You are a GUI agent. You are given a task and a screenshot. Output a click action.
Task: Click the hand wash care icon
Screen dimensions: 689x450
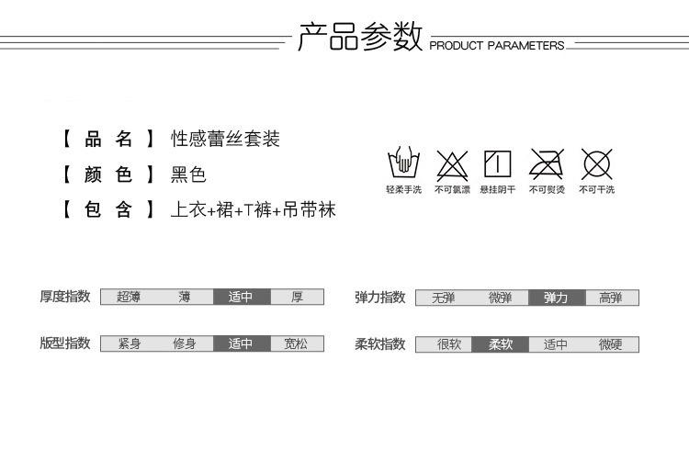[403, 164]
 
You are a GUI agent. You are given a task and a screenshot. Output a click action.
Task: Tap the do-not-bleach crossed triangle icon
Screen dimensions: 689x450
[452, 164]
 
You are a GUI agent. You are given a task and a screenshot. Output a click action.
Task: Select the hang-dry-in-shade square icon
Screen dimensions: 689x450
[497, 164]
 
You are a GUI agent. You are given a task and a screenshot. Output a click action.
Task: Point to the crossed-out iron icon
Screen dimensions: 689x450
[547, 164]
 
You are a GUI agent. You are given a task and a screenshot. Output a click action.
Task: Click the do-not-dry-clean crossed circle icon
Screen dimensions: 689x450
[596, 164]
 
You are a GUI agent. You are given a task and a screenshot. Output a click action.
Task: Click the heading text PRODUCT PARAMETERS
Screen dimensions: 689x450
[497, 45]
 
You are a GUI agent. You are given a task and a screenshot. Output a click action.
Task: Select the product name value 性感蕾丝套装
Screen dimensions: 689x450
[225, 140]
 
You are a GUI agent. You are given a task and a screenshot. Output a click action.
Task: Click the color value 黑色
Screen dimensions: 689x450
[188, 174]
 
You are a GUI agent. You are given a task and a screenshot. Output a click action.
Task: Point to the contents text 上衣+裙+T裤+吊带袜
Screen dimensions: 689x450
[253, 210]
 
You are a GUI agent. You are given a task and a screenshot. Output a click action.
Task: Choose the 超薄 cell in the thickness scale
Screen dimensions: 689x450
[129, 297]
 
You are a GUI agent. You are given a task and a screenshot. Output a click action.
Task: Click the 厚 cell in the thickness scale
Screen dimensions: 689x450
[297, 297]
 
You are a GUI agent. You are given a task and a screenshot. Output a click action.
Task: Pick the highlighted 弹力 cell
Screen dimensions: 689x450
[556, 298]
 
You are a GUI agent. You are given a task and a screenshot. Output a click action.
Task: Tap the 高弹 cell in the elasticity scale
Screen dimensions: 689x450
[611, 298]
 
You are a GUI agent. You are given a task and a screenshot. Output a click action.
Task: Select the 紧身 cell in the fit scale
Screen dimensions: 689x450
[129, 344]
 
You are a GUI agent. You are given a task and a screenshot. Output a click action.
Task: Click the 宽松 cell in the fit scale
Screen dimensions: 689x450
[297, 344]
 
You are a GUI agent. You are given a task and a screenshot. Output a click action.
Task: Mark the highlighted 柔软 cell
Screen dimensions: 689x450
[501, 345]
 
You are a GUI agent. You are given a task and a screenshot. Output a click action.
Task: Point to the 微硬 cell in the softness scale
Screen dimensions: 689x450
[611, 345]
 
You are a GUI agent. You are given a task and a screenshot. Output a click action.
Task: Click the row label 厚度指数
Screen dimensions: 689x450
[64, 297]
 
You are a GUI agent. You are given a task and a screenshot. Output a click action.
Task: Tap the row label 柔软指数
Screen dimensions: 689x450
[380, 344]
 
